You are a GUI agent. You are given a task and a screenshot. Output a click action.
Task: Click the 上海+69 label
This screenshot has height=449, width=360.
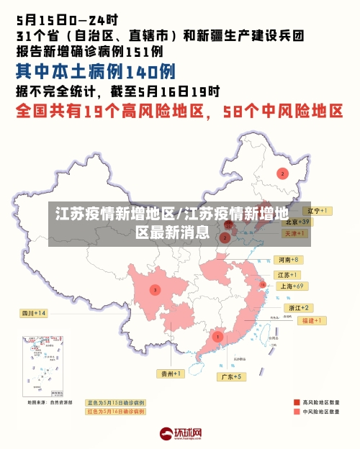[294, 286]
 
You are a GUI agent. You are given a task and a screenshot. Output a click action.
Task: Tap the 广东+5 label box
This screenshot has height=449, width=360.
[232, 376]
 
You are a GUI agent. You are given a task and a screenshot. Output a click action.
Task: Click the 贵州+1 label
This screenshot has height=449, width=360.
[171, 373]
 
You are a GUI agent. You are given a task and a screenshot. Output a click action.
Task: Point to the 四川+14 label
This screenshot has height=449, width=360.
[33, 313]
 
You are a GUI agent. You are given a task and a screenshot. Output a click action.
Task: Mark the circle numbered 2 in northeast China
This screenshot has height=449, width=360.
[282, 173]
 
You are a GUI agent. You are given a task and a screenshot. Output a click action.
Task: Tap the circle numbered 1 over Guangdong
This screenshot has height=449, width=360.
[217, 336]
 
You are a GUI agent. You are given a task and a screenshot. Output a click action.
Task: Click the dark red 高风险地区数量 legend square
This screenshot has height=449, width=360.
[297, 402]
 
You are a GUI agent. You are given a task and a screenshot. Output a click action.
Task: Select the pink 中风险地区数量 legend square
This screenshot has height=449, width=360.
[297, 412]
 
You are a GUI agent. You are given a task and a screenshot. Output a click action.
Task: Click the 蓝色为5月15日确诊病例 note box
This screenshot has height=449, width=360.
[115, 403]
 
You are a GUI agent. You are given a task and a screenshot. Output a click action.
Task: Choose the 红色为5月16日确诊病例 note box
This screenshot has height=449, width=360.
[115, 412]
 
